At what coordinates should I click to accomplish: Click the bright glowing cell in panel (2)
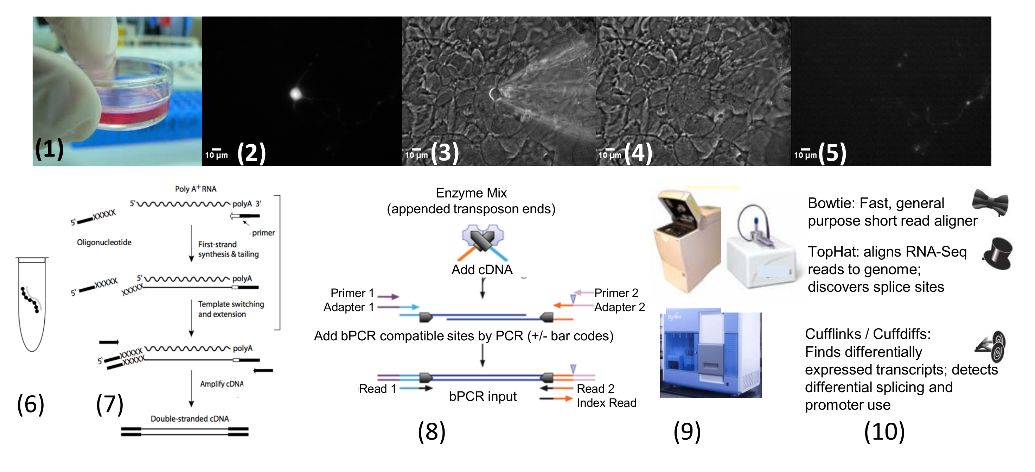tap(296, 94)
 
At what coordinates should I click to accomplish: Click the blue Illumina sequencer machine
tap(710, 354)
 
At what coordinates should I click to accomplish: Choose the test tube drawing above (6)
tap(32, 303)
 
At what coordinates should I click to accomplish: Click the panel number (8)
tap(432, 432)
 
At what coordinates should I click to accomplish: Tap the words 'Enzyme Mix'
tap(471, 193)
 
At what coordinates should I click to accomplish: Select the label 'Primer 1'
tap(352, 293)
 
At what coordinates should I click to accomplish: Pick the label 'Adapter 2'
tap(619, 308)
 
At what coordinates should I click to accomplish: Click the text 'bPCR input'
tap(483, 397)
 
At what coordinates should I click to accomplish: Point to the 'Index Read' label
tap(606, 403)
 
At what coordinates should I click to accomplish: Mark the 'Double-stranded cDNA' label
tap(190, 419)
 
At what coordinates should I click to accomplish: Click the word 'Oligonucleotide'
tap(104, 243)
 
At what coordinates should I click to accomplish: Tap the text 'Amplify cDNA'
tap(222, 384)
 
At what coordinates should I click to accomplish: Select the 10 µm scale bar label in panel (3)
tap(416, 155)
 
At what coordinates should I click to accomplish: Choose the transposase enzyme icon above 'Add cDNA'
tap(483, 238)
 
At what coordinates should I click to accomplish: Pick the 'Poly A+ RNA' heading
tap(196, 189)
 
